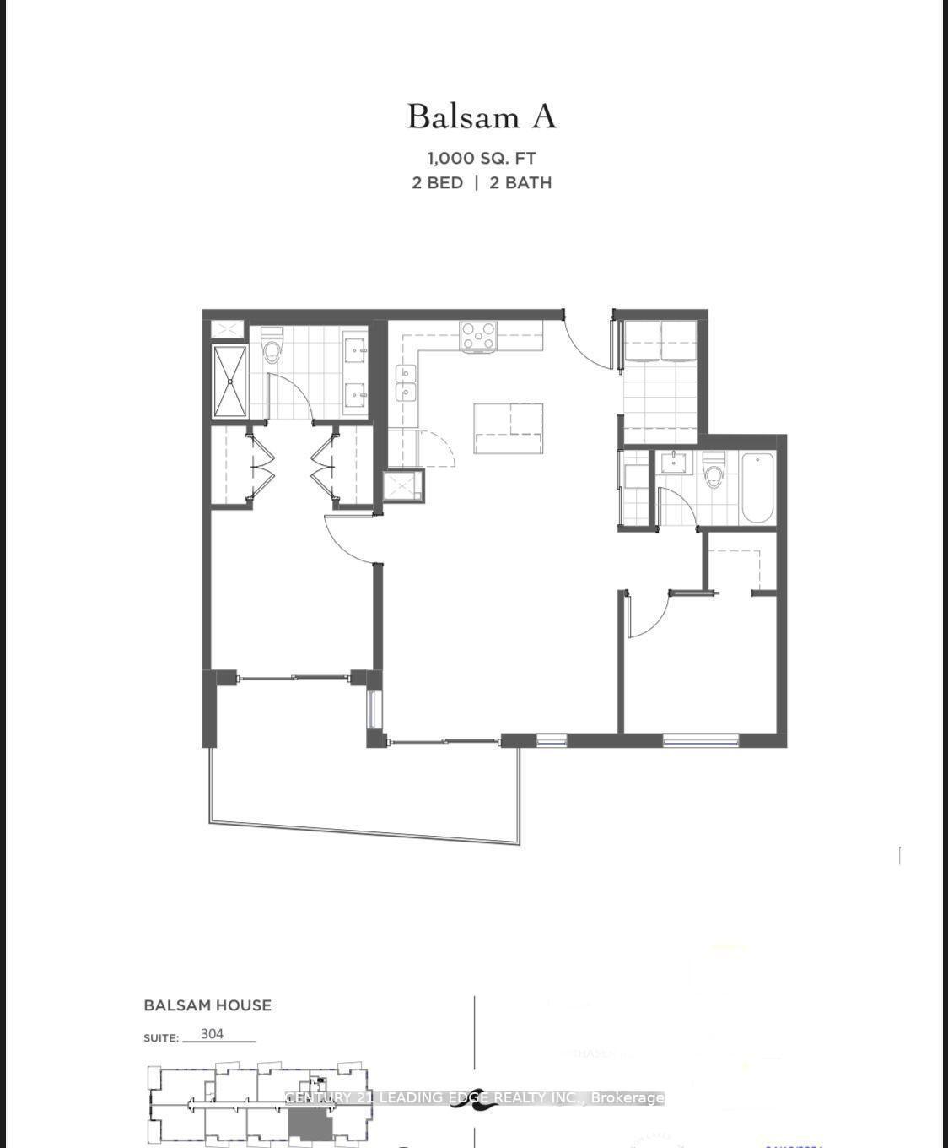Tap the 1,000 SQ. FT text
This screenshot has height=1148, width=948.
click(482, 158)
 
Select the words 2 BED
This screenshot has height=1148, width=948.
click(438, 182)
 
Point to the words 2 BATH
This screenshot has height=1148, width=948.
click(521, 182)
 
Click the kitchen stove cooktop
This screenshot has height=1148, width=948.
click(478, 336)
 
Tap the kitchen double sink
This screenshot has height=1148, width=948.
click(407, 382)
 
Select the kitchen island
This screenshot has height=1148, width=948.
click(508, 428)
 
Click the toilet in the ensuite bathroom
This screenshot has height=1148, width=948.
click(272, 349)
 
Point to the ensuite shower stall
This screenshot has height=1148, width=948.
click(229, 381)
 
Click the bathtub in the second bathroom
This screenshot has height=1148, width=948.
click(757, 489)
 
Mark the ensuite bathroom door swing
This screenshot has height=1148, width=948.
click(291, 397)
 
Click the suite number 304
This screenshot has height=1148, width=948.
click(213, 1034)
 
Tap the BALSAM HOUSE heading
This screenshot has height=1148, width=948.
click(207, 1005)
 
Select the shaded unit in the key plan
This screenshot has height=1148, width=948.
click(310, 1124)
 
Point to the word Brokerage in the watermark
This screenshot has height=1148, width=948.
click(628, 1097)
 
